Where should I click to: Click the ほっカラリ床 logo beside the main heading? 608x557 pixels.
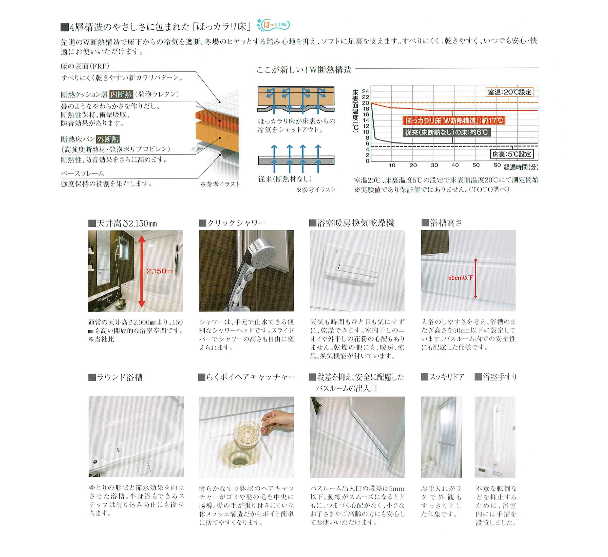274,25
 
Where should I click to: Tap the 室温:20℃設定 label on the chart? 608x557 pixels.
509,92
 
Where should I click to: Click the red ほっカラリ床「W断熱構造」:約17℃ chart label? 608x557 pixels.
454,121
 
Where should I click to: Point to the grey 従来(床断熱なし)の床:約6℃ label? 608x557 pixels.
446,132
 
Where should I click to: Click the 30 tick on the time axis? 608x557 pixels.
434,165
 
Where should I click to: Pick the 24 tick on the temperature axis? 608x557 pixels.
366,91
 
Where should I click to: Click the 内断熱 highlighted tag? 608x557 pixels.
121,94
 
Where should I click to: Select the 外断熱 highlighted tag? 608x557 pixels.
108,139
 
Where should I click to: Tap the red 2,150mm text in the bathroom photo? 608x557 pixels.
160,271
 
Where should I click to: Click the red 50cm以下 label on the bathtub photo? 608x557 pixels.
461,277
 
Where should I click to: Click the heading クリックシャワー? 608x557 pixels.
236,223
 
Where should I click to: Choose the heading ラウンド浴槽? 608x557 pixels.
119,377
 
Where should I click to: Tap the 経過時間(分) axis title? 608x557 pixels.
521,167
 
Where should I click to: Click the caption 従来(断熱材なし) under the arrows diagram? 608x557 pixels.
285,179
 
